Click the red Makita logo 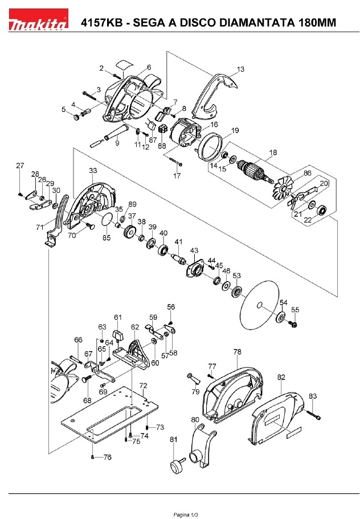[x=38, y=20]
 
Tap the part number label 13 [x=240, y=69]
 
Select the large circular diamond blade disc [x=260, y=304]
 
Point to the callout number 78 [x=238, y=352]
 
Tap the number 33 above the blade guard [x=93, y=171]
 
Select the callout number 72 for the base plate [x=143, y=386]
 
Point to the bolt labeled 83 [x=313, y=415]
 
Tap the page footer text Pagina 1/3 [x=186, y=514]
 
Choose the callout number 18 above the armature [x=273, y=153]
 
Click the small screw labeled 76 [x=93, y=458]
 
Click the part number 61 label [x=118, y=317]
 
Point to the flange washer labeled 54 [x=281, y=316]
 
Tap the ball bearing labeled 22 [x=321, y=210]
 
